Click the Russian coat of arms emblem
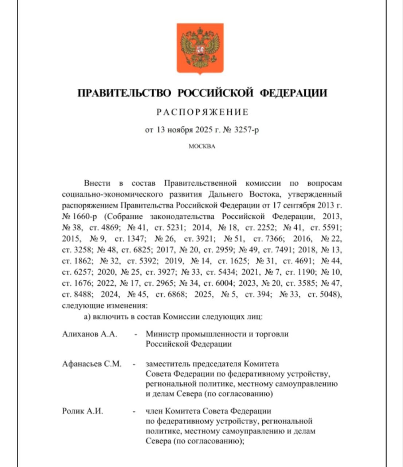coord(200,49)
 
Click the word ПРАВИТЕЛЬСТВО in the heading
coord(125,93)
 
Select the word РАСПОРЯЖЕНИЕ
coord(202,112)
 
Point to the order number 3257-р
coord(247,130)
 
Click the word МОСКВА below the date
coord(202,147)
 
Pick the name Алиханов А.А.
coord(90,334)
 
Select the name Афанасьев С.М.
coord(92,364)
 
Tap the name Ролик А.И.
coord(83,411)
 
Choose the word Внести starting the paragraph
coord(97,183)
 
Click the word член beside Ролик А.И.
coord(154,411)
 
